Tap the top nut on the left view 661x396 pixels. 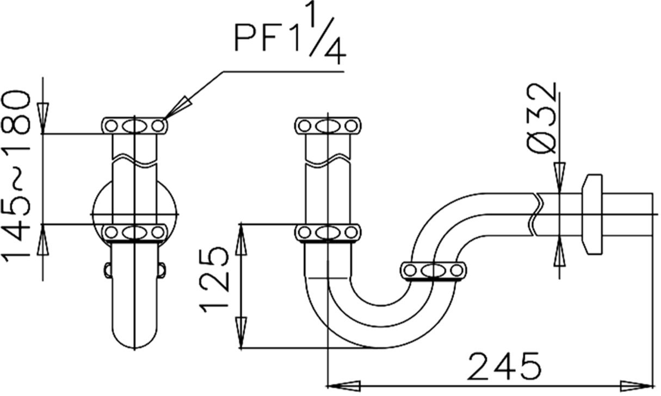[x=134, y=125]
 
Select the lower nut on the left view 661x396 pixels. [x=134, y=232]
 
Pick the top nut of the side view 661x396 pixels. [x=328, y=125]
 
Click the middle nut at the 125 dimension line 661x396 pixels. [x=328, y=232]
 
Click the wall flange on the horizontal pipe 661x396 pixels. [x=593, y=214]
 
